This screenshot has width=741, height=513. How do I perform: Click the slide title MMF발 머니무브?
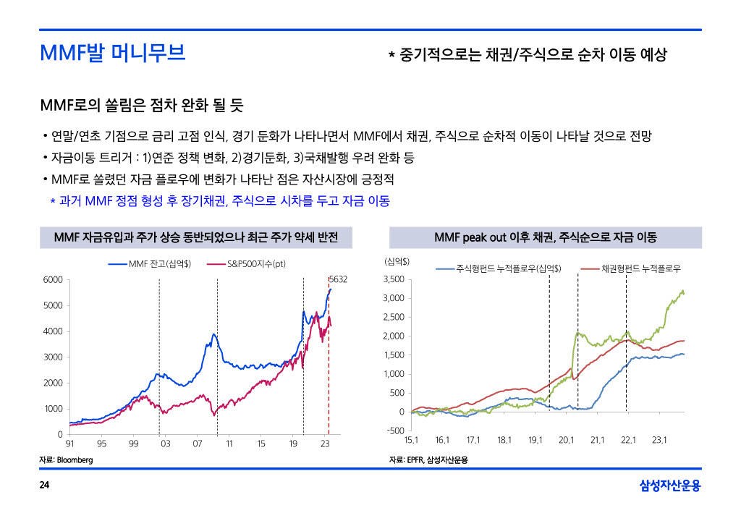113,53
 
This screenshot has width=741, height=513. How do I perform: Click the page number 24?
44,485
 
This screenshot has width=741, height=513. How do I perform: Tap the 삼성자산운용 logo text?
670,486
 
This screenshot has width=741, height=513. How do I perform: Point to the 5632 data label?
338,279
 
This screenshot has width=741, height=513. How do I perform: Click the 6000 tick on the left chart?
51,279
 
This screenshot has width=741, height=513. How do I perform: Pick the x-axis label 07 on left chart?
197,443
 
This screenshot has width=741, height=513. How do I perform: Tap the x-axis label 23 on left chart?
325,443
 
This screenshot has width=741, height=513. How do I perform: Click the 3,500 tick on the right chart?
394,279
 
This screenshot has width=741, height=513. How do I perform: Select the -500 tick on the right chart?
395,431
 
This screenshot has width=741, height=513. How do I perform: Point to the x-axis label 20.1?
566,440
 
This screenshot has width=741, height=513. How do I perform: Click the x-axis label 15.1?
411,440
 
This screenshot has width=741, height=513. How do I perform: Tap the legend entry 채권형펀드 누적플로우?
641,268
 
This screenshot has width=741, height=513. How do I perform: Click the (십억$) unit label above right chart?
397,260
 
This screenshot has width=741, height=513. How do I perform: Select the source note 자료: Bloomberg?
66,459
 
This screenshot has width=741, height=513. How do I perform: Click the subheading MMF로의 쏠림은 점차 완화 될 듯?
142,106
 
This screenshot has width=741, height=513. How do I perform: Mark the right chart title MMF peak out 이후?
545,237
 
